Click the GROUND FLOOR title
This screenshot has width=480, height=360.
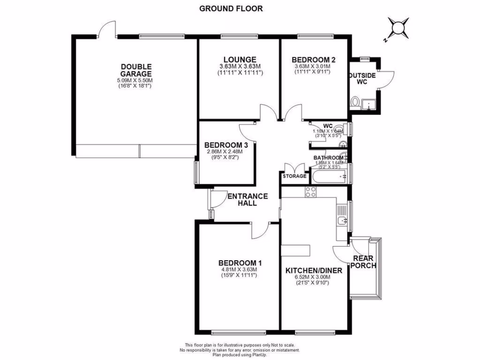[x=231, y=8]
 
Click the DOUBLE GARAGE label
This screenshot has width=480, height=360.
[x=135, y=70]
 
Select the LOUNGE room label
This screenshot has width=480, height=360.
[x=240, y=60]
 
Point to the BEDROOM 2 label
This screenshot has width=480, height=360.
[x=313, y=60]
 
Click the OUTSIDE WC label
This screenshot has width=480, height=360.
[x=361, y=79]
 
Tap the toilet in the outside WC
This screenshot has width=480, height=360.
[x=355, y=102]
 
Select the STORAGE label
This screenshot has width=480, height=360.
[x=294, y=176]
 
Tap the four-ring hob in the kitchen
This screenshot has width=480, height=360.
[x=311, y=191]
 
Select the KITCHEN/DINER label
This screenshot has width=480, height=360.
[x=314, y=270]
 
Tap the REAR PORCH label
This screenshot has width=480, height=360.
[x=364, y=262]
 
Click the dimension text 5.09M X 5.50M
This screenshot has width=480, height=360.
[x=135, y=81]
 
